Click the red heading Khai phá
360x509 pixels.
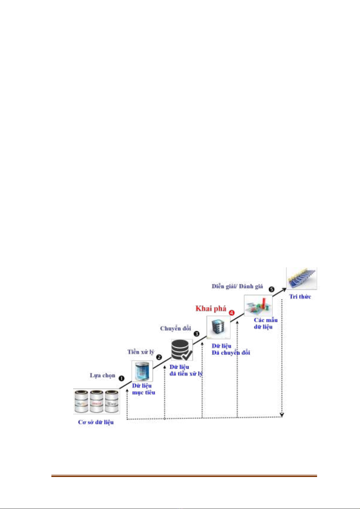(x=211, y=308)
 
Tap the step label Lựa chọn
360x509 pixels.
(x=102, y=375)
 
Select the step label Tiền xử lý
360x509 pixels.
(x=141, y=352)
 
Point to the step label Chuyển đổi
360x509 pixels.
(x=175, y=328)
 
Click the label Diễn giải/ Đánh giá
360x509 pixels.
(x=237, y=286)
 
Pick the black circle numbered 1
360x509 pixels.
(x=122, y=378)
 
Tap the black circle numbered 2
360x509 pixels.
(x=159, y=357)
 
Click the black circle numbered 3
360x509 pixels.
(x=196, y=334)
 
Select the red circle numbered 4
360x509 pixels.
(x=232, y=313)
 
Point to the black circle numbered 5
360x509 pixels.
(x=271, y=289)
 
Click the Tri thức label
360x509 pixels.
(x=300, y=297)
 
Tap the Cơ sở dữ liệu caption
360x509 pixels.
(x=96, y=422)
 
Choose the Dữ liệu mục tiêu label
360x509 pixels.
(x=143, y=389)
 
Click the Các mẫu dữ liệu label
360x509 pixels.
(x=265, y=323)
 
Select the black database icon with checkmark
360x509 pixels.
(x=182, y=350)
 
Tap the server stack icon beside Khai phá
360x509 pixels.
(x=218, y=327)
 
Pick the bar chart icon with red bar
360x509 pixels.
(x=258, y=306)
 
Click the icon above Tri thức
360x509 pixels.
(x=301, y=278)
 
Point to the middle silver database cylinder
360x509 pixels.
(x=97, y=401)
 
